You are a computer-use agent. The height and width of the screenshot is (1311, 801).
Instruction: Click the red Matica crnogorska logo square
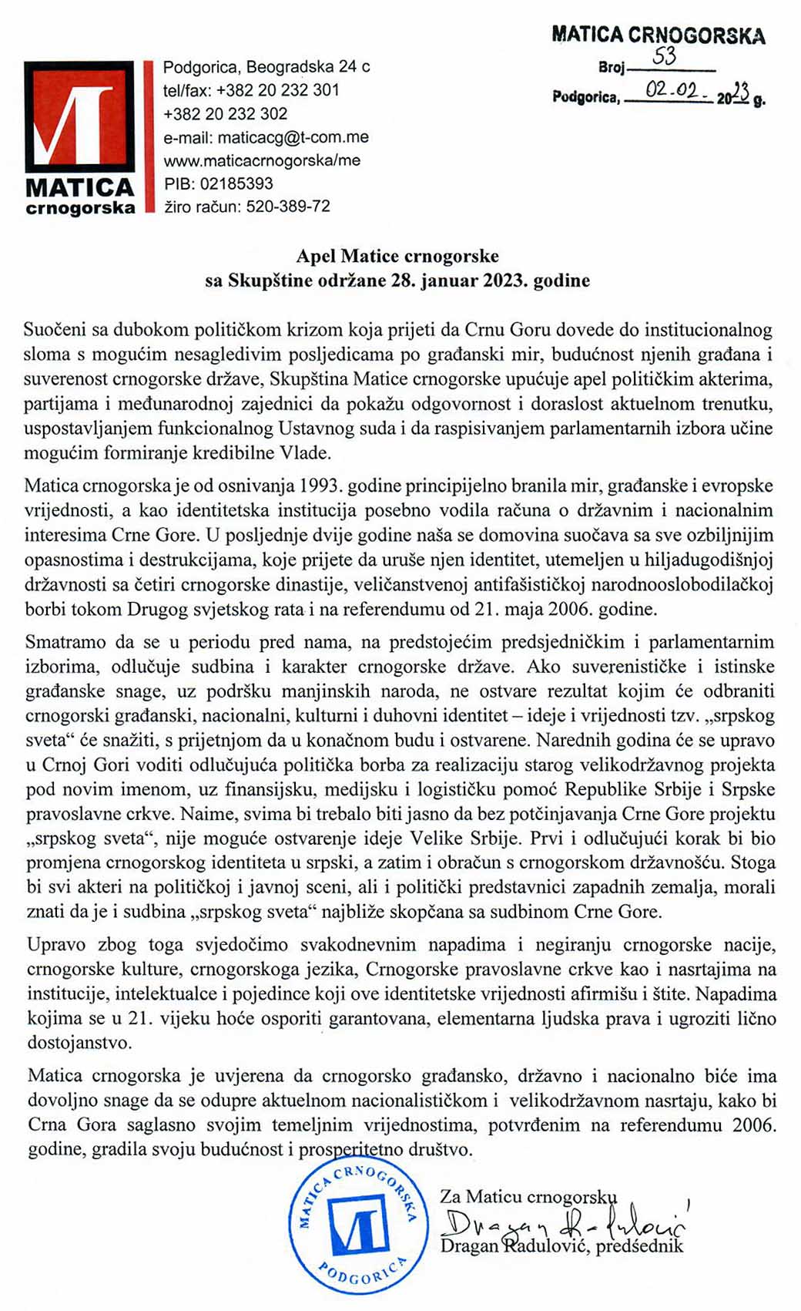point(79,116)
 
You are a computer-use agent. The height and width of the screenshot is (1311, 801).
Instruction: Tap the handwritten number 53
point(664,57)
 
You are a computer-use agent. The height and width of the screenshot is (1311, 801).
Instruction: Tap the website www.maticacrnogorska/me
point(262,160)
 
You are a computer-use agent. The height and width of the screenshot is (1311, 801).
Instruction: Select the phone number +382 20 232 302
point(225,113)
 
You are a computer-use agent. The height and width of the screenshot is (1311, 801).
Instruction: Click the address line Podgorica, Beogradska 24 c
point(266,66)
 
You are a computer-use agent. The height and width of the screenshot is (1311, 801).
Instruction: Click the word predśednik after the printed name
point(639,1245)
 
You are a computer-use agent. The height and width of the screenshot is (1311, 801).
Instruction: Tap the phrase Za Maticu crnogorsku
point(528,1196)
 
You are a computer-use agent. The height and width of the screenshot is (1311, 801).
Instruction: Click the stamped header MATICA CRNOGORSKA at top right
point(659,35)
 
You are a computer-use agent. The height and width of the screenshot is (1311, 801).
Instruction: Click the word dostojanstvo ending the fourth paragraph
point(79,1043)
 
